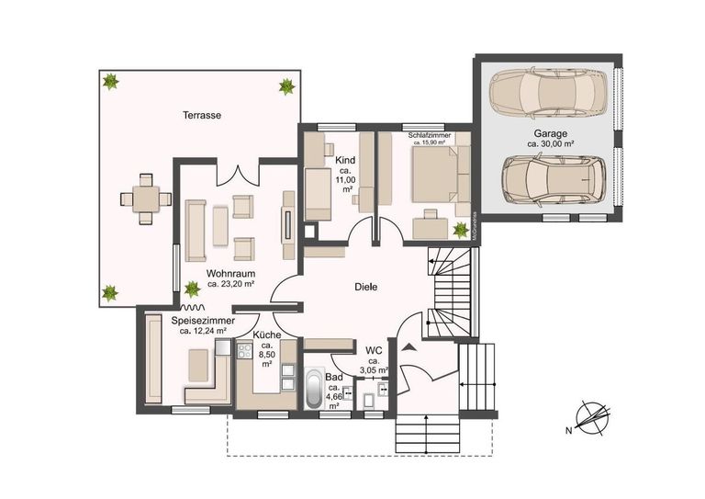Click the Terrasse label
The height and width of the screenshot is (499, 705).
click(x=203, y=116)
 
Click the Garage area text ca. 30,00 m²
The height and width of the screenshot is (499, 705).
click(x=550, y=143)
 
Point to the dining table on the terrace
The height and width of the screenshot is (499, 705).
click(x=146, y=198)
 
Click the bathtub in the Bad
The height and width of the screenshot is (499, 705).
click(x=314, y=389)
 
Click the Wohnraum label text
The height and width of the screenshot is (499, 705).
click(x=229, y=274)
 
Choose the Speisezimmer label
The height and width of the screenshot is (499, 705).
click(x=202, y=321)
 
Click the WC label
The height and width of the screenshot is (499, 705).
click(x=374, y=350)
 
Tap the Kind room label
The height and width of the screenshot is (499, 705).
click(x=344, y=160)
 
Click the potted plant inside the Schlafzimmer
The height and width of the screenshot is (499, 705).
click(x=460, y=229)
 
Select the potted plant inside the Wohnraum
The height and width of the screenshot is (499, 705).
click(x=192, y=289)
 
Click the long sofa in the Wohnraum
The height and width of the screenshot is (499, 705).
click(x=196, y=230)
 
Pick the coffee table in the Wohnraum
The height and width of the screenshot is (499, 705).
click(x=220, y=226)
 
